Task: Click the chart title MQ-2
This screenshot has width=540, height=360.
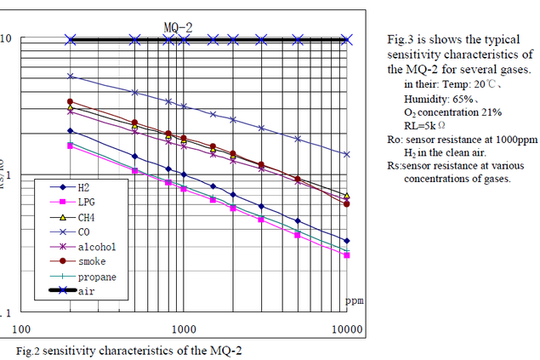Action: point(178,27)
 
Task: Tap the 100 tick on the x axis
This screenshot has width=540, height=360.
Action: point(20,329)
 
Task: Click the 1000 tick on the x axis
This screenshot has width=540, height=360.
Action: point(184,329)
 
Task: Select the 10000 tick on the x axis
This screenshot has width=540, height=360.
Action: point(346,329)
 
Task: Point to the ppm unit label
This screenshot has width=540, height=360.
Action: point(354,300)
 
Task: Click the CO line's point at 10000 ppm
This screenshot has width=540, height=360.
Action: point(346,155)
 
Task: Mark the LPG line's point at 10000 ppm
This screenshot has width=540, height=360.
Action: point(346,255)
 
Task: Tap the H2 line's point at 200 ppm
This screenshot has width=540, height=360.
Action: point(71,131)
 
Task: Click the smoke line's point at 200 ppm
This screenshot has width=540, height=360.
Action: point(71,101)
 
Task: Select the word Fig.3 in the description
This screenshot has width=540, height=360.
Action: point(399,40)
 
